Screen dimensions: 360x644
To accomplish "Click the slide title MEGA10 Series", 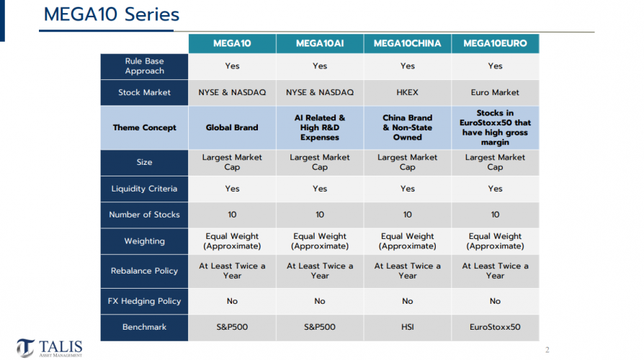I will [x=112, y=14].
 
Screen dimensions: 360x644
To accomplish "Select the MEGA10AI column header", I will [x=320, y=44].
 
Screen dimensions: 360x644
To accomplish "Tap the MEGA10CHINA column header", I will [x=407, y=44].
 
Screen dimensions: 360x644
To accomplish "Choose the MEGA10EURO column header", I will [x=495, y=44].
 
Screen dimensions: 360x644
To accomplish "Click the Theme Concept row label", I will [x=145, y=128].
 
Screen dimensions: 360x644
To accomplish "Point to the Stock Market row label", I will [x=145, y=93].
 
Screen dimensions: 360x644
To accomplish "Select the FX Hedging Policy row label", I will [x=145, y=301].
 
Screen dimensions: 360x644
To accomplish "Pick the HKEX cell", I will [x=407, y=93].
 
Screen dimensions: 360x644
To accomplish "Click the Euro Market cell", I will [x=495, y=93].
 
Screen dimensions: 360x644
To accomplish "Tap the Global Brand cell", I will [x=232, y=128].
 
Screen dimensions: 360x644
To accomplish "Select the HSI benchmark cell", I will [x=407, y=328].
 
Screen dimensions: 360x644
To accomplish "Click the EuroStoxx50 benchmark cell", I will [x=495, y=328].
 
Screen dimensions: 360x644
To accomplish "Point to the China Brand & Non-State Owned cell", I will [x=407, y=127].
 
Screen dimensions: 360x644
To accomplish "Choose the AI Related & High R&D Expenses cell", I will [x=320, y=127].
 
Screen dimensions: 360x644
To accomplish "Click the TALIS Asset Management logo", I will [x=50, y=348].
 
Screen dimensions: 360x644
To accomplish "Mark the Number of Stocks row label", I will [x=145, y=215].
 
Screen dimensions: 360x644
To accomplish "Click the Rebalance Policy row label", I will [x=145, y=271].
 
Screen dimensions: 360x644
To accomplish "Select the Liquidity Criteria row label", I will [x=145, y=189].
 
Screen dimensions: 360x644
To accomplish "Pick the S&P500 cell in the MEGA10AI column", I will [x=320, y=328].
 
